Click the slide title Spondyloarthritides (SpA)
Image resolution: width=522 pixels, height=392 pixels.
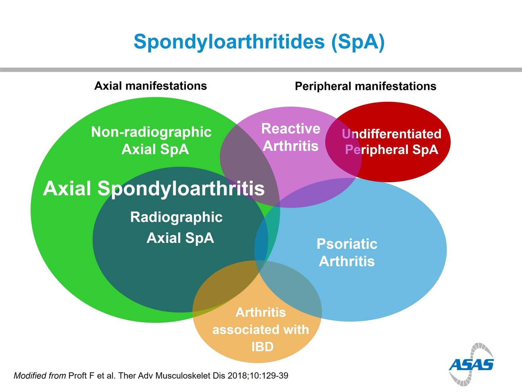point(259,42)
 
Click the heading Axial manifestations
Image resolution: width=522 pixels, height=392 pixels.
point(151,86)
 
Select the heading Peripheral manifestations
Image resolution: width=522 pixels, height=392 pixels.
point(365,86)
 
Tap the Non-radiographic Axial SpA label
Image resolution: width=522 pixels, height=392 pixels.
point(152,140)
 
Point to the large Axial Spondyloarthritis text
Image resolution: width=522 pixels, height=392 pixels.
point(154,189)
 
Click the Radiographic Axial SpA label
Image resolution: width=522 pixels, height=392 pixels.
point(177,227)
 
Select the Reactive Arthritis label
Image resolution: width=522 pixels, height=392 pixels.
point(291,137)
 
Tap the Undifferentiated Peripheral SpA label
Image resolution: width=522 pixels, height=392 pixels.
point(391,142)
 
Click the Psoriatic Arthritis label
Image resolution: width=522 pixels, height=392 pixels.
point(347,253)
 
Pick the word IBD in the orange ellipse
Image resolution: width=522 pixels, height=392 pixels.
point(262,347)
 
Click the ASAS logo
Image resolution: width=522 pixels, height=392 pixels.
point(471,364)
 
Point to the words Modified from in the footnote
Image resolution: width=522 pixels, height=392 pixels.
point(40,376)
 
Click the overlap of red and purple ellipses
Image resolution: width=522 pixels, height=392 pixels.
point(343,153)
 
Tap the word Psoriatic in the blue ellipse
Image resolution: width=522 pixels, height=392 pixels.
point(347,244)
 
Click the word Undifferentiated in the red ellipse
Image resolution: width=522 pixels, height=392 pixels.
point(391,134)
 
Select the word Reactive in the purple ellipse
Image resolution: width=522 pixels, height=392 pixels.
point(291,129)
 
